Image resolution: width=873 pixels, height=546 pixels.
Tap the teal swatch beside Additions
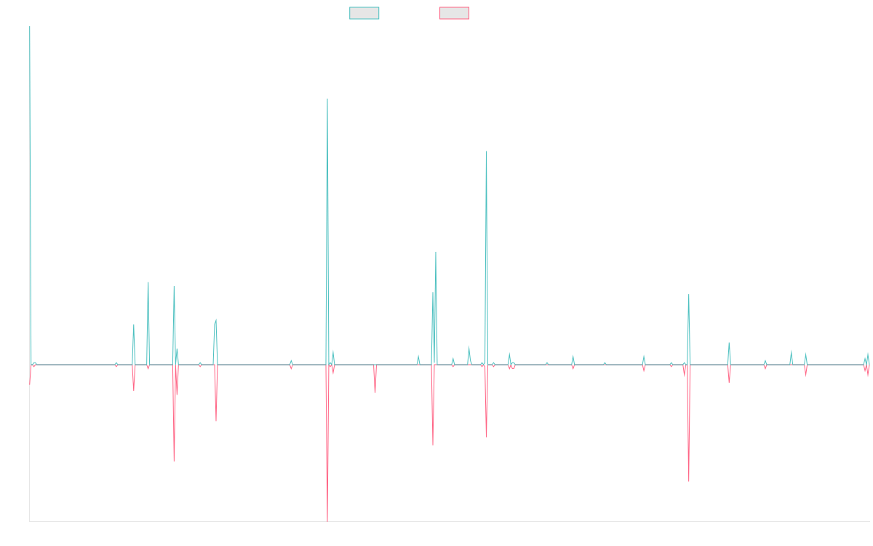(x=364, y=13)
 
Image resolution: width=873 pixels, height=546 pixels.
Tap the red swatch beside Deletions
(x=455, y=13)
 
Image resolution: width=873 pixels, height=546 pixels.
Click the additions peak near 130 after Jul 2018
(x=327, y=99)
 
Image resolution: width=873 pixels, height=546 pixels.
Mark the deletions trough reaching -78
(x=327, y=521)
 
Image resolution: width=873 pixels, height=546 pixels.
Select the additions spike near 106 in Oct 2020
(x=486, y=152)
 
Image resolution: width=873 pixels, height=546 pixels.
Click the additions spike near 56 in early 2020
(x=436, y=252)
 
